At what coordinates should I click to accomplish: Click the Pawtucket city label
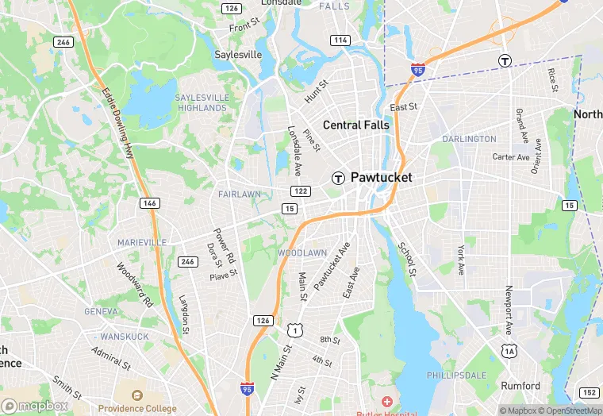382,178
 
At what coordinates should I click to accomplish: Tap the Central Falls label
355,125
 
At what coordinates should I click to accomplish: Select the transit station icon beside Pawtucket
338,178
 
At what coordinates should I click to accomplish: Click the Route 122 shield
301,191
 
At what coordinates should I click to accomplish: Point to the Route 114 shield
341,40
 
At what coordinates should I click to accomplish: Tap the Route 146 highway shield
149,203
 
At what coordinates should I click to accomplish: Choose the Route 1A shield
509,350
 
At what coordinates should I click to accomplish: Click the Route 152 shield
589,392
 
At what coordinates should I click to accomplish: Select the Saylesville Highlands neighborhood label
202,102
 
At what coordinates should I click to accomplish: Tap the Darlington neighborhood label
469,139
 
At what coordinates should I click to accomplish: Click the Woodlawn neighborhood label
302,252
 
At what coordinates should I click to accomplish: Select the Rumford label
520,387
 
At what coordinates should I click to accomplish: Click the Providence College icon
137,395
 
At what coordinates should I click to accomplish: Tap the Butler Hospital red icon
386,403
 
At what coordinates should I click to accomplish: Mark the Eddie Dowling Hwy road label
117,123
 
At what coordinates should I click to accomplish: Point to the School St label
407,260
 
